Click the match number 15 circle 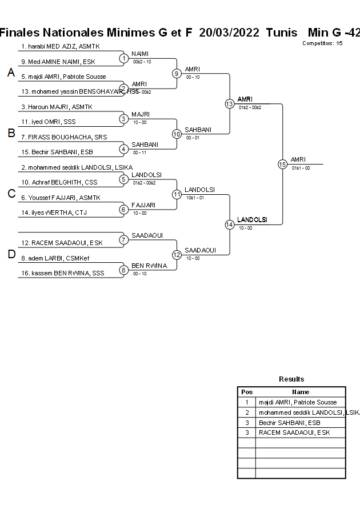(x=282, y=164)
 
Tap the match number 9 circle (x=177, y=73)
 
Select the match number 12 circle (x=177, y=254)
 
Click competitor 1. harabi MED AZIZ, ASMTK (x=60, y=46)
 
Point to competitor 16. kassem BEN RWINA (x=63, y=273)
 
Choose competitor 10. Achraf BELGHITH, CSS (x=59, y=182)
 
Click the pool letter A (x=11, y=73)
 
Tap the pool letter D (x=11, y=255)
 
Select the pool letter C (x=11, y=194)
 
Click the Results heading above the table (x=291, y=379)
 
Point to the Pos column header (x=247, y=392)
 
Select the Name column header (x=301, y=392)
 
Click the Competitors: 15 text (x=322, y=43)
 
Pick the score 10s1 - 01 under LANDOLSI (x=195, y=198)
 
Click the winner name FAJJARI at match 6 (x=143, y=205)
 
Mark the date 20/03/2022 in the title (x=229, y=33)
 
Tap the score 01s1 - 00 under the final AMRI (x=301, y=168)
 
